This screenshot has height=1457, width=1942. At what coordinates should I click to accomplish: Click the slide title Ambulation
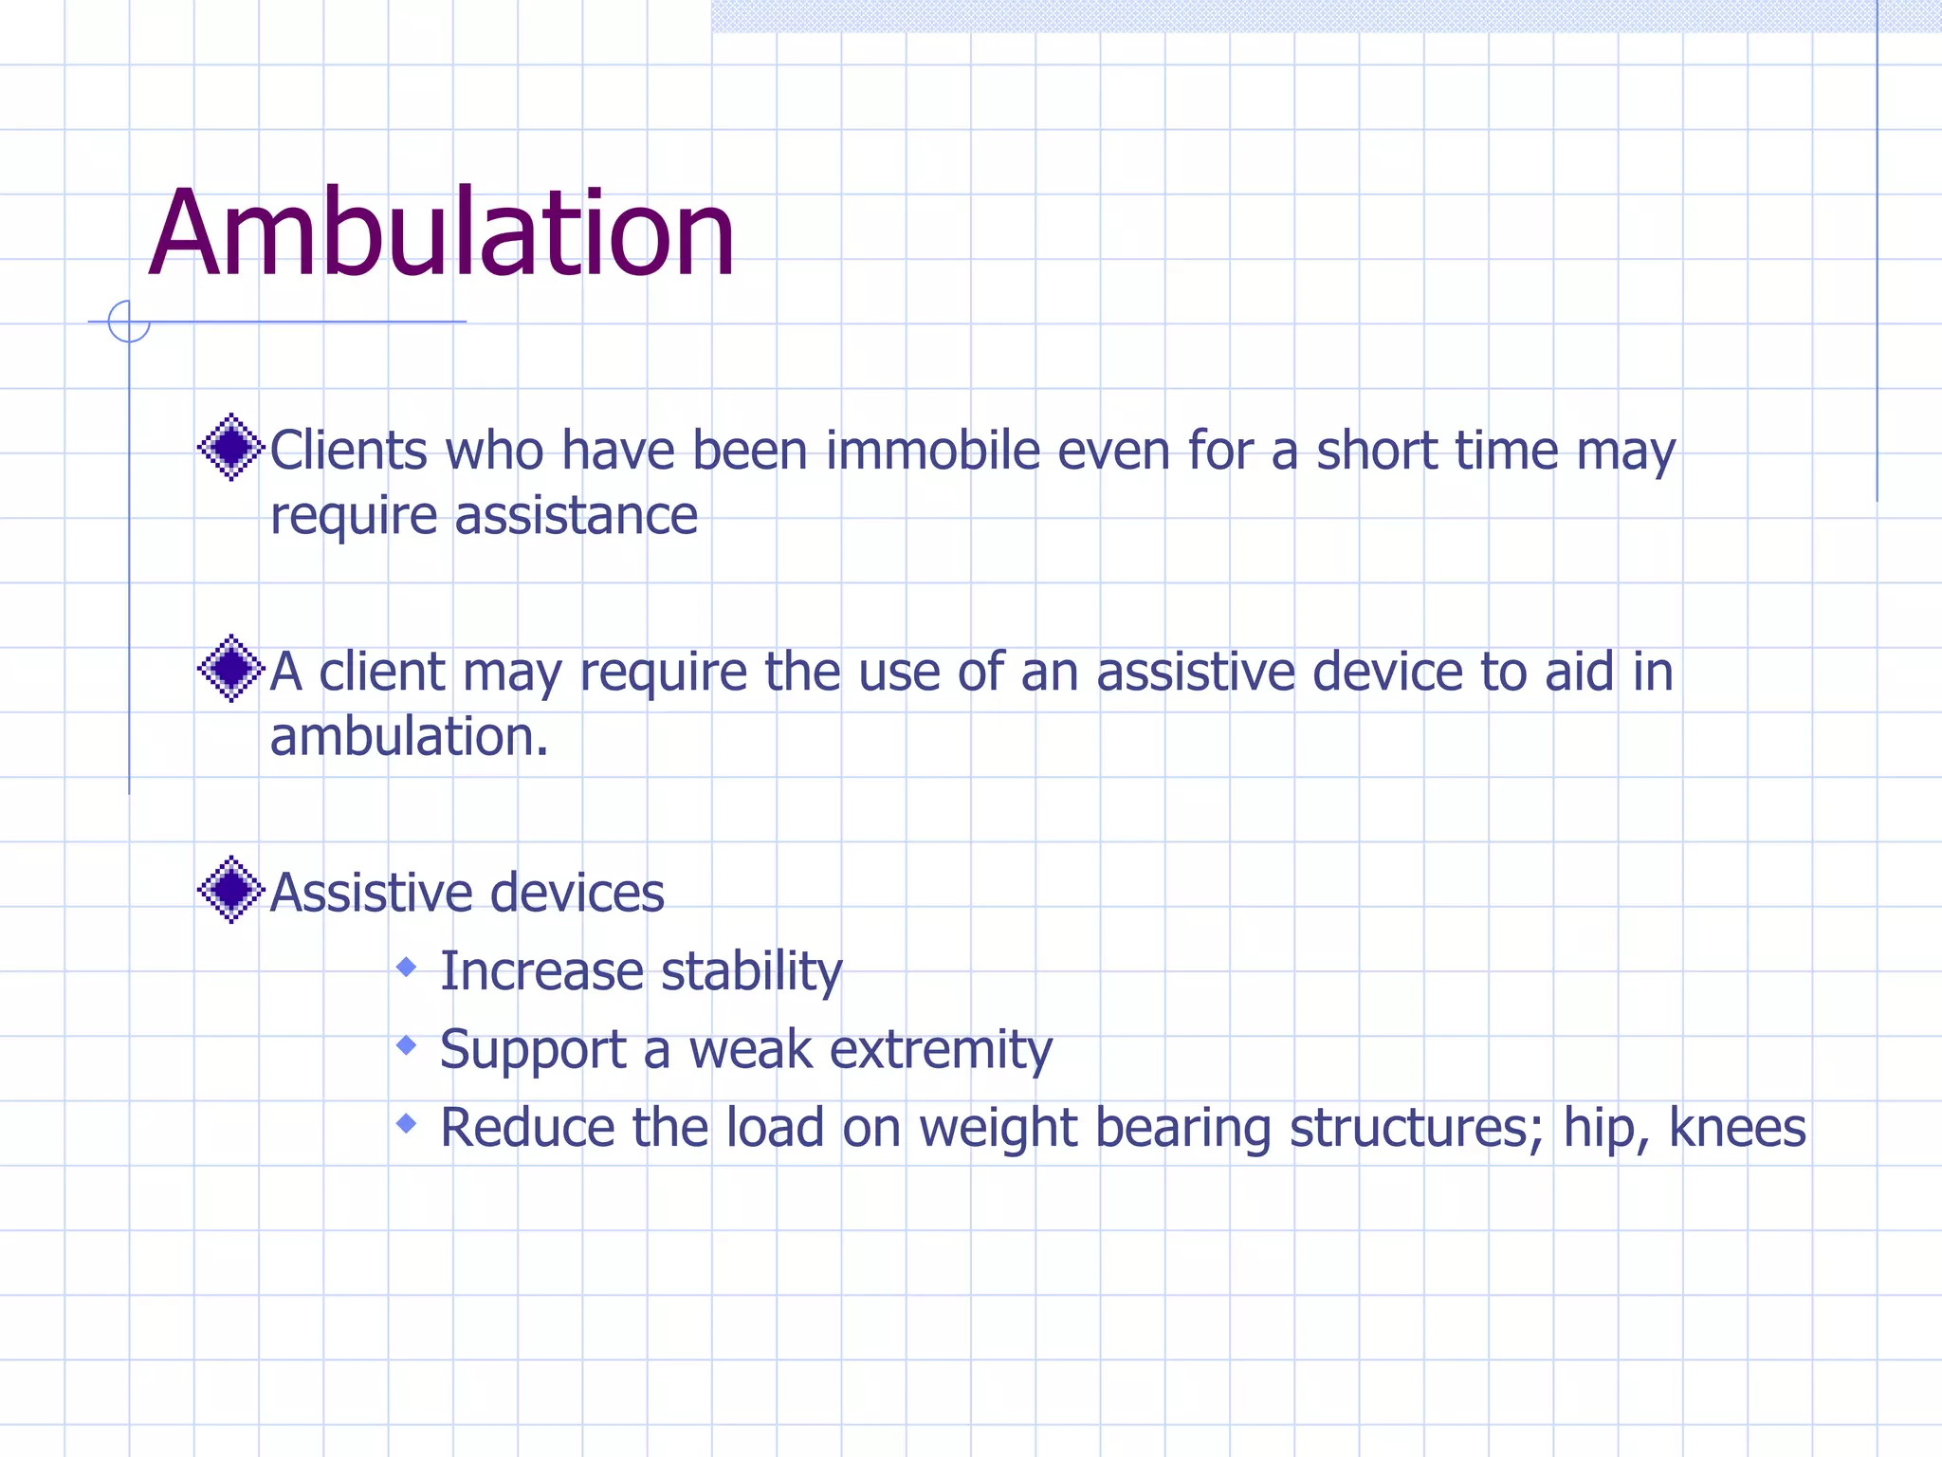tap(442, 233)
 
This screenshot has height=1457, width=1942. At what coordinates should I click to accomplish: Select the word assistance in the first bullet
tap(576, 516)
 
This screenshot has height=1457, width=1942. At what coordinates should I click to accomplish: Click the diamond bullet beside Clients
tap(230, 447)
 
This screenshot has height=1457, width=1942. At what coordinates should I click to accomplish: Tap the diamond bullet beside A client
tap(230, 669)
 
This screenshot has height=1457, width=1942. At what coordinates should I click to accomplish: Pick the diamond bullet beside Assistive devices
tap(230, 890)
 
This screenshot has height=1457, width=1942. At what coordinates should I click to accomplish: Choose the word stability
tap(751, 972)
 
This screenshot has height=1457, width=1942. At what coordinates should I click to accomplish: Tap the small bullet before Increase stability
tap(407, 968)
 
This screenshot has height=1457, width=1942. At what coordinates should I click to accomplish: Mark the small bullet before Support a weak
tap(407, 1045)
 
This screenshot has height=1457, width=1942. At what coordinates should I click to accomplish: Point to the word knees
tap(1737, 1128)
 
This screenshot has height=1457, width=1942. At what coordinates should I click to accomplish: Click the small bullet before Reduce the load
tap(407, 1124)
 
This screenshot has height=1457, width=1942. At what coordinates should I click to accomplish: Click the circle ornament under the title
tap(129, 322)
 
